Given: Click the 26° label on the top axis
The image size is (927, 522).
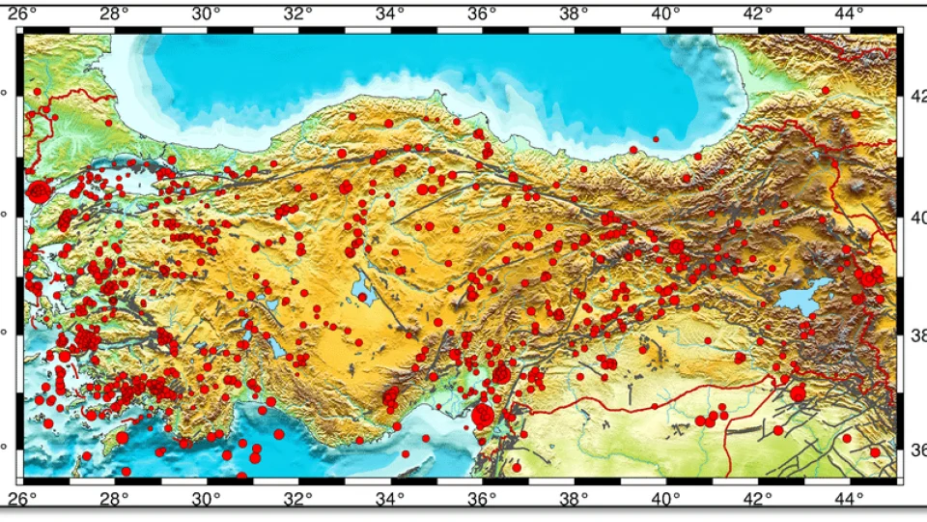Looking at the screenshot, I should tap(24, 14).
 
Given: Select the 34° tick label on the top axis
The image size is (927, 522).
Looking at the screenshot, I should tap(389, 14).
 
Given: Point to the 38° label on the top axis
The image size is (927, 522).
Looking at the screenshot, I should tap(574, 14).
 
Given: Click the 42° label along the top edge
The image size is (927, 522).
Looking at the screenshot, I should tap(757, 14).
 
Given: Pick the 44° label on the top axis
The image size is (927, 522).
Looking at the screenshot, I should tap(849, 14).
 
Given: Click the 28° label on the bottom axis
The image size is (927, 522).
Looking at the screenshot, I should tap(114, 500).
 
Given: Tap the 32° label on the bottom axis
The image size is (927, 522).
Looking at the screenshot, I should tap(297, 500).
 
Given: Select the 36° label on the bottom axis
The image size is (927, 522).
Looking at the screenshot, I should tap(481, 500).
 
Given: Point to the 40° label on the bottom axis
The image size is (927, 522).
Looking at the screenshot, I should tap(665, 500).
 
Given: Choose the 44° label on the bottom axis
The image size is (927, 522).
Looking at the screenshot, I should tap(849, 500).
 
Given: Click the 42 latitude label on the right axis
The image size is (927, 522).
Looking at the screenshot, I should tap(917, 95).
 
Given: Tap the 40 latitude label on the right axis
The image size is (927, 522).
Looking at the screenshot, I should tap(917, 217).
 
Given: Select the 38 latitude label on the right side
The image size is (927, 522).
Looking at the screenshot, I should tap(917, 335).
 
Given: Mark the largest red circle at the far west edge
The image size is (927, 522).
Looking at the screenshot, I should tap(39, 191).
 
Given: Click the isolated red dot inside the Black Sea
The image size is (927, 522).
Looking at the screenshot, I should tap(656, 139).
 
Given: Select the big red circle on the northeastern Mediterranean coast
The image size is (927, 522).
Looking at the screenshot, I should tap(483, 416).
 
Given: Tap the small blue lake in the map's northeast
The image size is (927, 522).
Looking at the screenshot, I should tap(817, 155).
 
